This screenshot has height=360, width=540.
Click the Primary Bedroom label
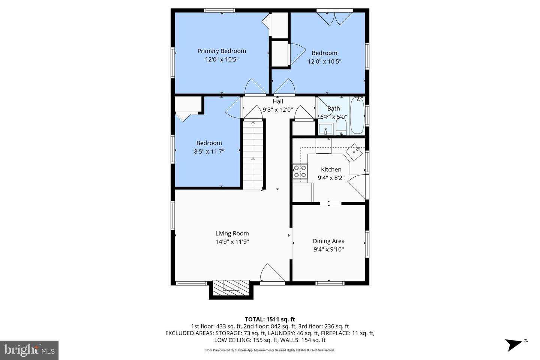[x=222, y=51]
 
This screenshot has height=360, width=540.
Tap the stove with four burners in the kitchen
[x=300, y=171]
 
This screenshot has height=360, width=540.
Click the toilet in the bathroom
[x=341, y=126]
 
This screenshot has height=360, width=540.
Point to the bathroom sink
[x=325, y=129]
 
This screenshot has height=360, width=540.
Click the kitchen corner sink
[x=354, y=151]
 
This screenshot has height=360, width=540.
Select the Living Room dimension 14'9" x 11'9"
[x=232, y=242]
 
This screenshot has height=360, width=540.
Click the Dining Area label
[x=328, y=241]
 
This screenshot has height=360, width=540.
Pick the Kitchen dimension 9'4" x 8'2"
[x=331, y=178]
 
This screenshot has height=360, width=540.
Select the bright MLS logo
[x=29, y=350]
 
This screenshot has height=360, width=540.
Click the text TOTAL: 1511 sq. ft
[x=270, y=319]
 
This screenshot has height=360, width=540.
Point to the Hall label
[x=278, y=101]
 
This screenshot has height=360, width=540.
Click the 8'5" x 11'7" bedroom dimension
[x=209, y=151]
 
